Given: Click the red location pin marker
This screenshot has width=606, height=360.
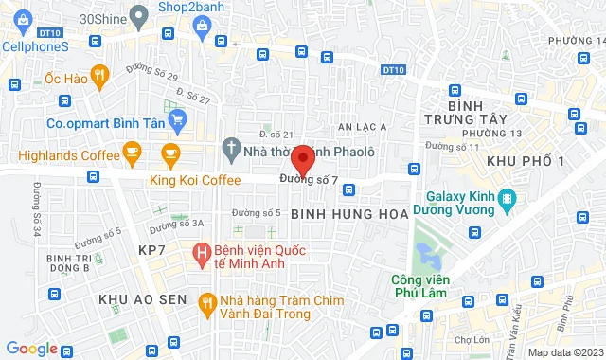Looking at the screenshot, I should point(303,159).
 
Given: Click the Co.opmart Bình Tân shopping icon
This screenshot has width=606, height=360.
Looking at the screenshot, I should point(176,120).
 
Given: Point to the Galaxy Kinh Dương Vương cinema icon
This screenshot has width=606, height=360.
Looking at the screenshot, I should point(508,198).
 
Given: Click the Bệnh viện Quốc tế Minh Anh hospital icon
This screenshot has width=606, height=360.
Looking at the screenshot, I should point(201,253).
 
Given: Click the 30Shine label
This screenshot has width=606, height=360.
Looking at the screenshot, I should point(101,18).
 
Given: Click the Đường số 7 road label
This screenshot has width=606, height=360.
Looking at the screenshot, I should point(310,180).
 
